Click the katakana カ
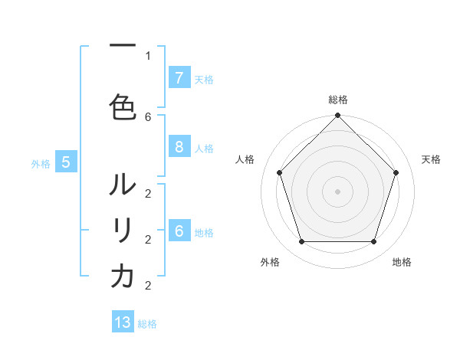123,277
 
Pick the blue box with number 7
179,78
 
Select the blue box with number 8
179,147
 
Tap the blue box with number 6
179,231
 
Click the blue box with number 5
66,162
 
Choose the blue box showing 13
123,322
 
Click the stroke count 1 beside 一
148,56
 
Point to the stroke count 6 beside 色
148,116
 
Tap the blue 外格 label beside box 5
41,162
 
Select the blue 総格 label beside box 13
147,324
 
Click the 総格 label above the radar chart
337,100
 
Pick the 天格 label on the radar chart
431,159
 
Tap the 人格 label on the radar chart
245,159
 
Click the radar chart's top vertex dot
337,116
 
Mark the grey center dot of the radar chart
337,191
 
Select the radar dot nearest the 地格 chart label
373,242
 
